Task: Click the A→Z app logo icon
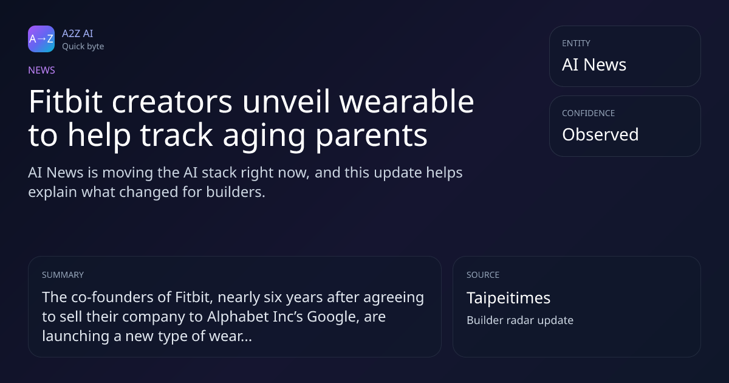tap(41, 39)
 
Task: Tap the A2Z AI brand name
tap(78, 33)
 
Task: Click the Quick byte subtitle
tap(83, 47)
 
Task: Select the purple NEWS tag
tap(41, 71)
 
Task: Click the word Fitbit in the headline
tap(66, 102)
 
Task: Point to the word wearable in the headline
tap(407, 102)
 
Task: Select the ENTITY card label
tap(576, 43)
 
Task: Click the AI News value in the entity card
tap(594, 64)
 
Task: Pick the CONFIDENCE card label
tap(589, 113)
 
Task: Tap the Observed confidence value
tap(600, 134)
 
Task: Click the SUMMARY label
tap(63, 275)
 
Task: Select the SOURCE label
tap(483, 275)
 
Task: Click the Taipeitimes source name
tap(508, 298)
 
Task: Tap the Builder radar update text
tap(520, 320)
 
